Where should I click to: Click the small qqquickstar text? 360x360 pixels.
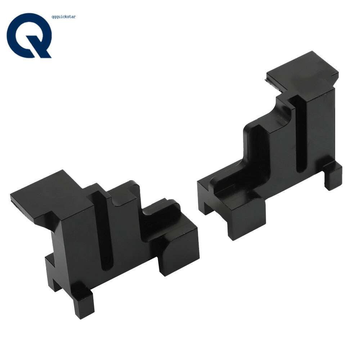coord(64,17)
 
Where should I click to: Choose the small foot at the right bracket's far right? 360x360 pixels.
coord(333,176)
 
